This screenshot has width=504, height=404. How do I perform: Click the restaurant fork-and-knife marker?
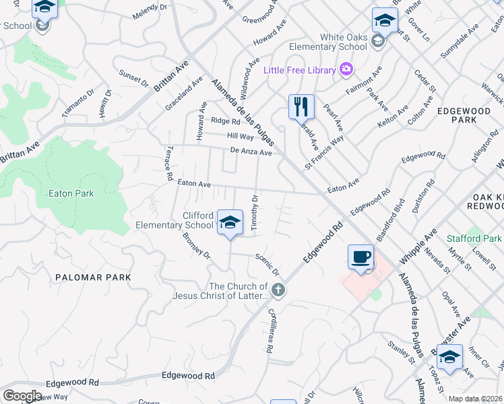click(301, 106)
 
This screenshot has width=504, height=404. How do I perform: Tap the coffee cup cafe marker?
click(360, 257)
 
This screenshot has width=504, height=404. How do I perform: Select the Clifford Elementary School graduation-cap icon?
click(230, 222)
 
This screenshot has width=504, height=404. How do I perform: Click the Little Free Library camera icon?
click(346, 69)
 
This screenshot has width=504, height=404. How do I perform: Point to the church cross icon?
click(278, 290)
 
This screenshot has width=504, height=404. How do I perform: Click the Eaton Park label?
click(71, 193)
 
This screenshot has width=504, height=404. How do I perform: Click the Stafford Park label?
click(474, 238)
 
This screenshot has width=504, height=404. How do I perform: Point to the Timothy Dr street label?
click(255, 213)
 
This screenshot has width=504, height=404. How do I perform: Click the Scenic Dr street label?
click(267, 265)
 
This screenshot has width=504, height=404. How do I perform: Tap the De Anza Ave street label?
click(251, 152)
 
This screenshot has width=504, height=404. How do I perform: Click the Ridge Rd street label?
click(225, 121)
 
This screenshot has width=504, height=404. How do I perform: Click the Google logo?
click(22, 395)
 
